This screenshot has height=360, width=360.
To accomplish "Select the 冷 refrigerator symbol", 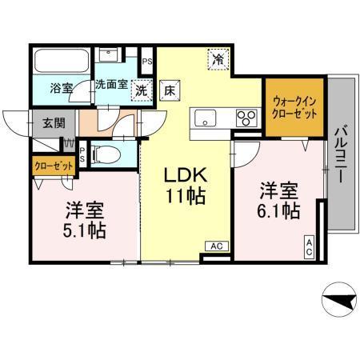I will tap(218, 58).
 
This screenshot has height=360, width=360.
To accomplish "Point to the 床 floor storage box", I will tap(170, 90).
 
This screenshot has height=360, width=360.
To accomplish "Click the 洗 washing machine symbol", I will tap(142, 90).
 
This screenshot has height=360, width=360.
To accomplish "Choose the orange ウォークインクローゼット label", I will tap(294, 107).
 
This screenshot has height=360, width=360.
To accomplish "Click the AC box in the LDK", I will tap(216, 246).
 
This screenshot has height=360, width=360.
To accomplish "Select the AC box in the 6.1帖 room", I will tap(308, 247).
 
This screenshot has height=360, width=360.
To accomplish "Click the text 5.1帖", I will tap(85, 231).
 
